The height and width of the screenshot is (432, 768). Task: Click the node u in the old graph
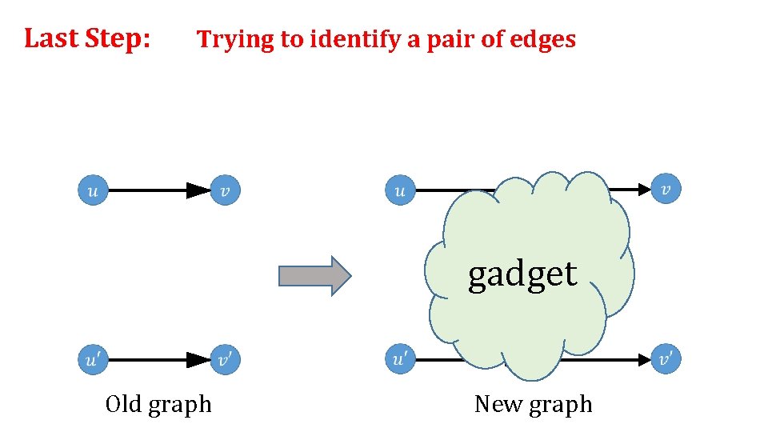(93, 190)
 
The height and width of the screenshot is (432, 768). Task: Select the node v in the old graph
(225, 190)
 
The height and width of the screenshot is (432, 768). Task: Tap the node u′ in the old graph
(93, 360)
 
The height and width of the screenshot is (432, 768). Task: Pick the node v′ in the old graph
(225, 360)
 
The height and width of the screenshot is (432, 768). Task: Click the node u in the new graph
(401, 190)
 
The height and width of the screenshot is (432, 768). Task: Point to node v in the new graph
(666, 189)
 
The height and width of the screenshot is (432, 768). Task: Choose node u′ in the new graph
(401, 360)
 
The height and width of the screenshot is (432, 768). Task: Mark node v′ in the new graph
(666, 360)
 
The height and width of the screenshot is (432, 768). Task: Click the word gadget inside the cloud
(522, 274)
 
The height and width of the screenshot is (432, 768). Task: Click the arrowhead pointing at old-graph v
(198, 190)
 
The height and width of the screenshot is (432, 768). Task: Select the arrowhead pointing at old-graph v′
(198, 360)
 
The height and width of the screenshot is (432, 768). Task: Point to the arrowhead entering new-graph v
(644, 190)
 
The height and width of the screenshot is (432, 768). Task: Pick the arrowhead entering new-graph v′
(644, 360)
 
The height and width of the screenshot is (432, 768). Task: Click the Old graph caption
(158, 405)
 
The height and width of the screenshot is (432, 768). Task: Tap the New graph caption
(533, 405)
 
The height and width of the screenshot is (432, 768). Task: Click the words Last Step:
(87, 38)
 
